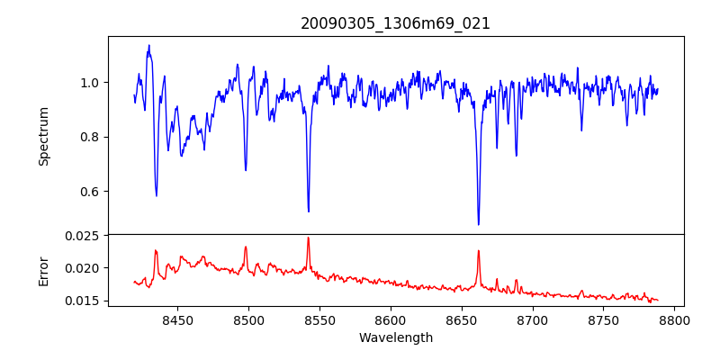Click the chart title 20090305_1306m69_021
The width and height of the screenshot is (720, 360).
[x=396, y=23]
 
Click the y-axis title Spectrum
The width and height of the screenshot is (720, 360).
[x=43, y=136]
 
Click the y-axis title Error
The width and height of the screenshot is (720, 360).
[x=43, y=271]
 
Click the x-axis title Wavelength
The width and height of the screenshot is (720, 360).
[x=396, y=338]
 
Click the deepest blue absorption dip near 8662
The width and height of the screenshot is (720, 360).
[x=479, y=224]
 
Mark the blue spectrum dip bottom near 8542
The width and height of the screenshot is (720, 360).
[x=309, y=211]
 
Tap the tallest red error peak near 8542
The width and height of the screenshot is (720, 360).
[x=308, y=238]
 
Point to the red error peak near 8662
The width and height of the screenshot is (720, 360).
[x=479, y=251]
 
